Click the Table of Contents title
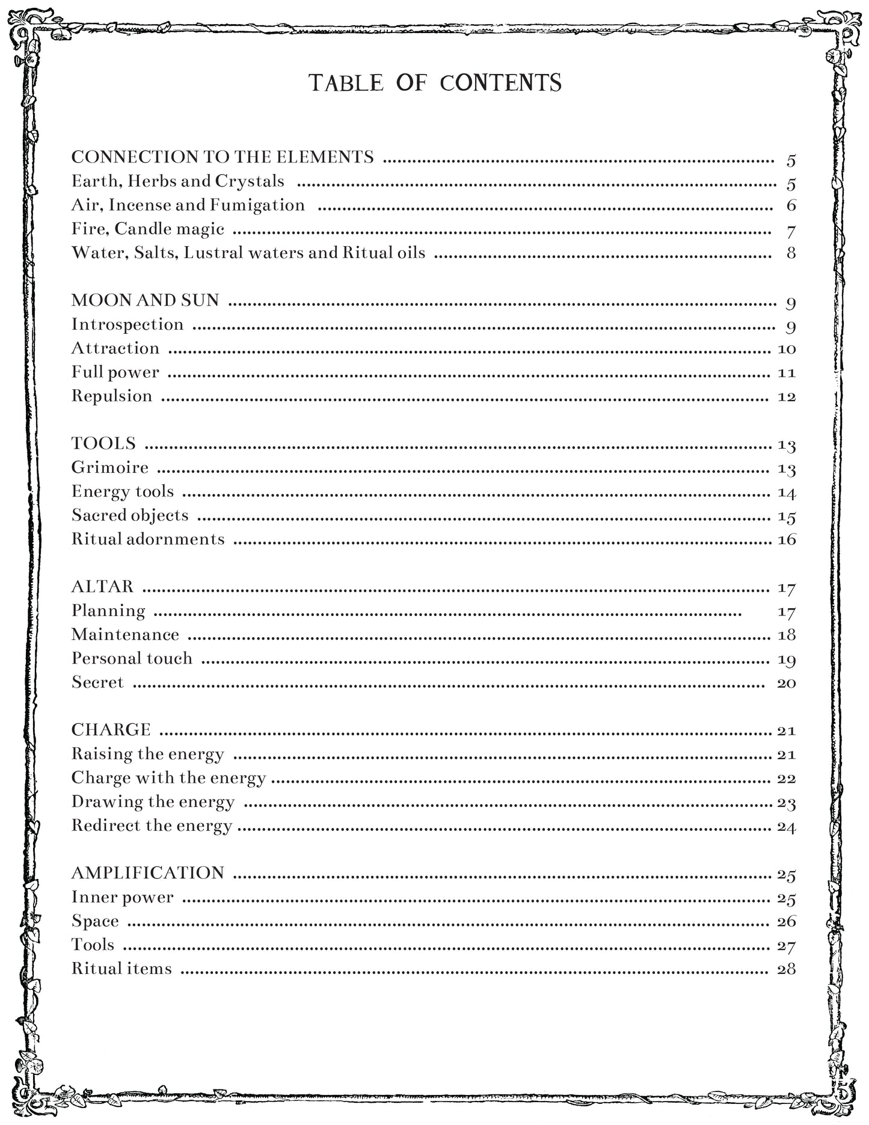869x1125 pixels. (x=435, y=83)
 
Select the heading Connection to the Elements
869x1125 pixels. (x=223, y=157)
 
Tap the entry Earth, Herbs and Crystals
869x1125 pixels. (x=178, y=181)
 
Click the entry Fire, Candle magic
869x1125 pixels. (x=148, y=229)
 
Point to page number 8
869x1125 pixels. (x=791, y=253)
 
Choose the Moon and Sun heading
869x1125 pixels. (x=146, y=300)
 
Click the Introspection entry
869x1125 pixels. (x=127, y=324)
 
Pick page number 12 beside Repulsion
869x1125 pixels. (x=787, y=397)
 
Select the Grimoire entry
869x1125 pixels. (x=110, y=467)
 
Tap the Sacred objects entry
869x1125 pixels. (x=130, y=516)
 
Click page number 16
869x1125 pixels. (x=787, y=540)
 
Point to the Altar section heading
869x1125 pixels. (x=103, y=587)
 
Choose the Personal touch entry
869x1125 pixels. (x=132, y=659)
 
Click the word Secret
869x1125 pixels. (x=97, y=683)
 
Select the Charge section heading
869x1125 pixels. (x=111, y=730)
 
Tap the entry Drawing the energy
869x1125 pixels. (x=153, y=802)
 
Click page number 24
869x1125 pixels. (x=787, y=827)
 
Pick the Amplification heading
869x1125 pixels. (x=148, y=873)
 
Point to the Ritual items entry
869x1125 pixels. (x=121, y=969)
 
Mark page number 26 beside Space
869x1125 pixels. (x=787, y=922)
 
